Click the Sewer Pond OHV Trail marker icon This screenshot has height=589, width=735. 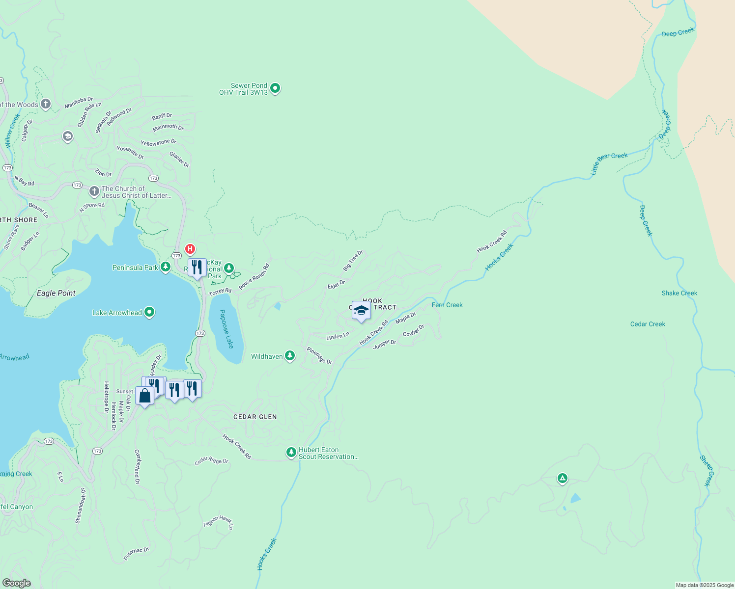275,88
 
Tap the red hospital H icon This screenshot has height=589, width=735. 190,249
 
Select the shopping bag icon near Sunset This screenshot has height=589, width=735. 144,396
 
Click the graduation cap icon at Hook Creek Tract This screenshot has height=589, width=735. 361,311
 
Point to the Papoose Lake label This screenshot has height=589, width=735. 226,329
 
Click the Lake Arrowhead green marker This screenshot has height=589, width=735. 150,312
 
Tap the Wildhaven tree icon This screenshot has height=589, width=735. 290,356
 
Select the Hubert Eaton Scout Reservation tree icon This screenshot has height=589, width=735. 291,452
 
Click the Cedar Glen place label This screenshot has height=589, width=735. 255,417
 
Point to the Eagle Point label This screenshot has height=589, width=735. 56,293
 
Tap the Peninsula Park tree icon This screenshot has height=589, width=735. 166,267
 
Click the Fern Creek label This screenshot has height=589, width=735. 447,305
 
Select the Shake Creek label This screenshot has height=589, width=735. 679,293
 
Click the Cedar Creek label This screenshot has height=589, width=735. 648,324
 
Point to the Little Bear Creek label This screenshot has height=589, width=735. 609,162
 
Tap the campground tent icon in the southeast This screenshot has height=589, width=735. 563,478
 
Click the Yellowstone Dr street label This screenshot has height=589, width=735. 158,142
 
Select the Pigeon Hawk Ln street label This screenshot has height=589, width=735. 219,522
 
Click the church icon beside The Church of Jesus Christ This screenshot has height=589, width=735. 94,191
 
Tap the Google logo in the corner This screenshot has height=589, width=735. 16,583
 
